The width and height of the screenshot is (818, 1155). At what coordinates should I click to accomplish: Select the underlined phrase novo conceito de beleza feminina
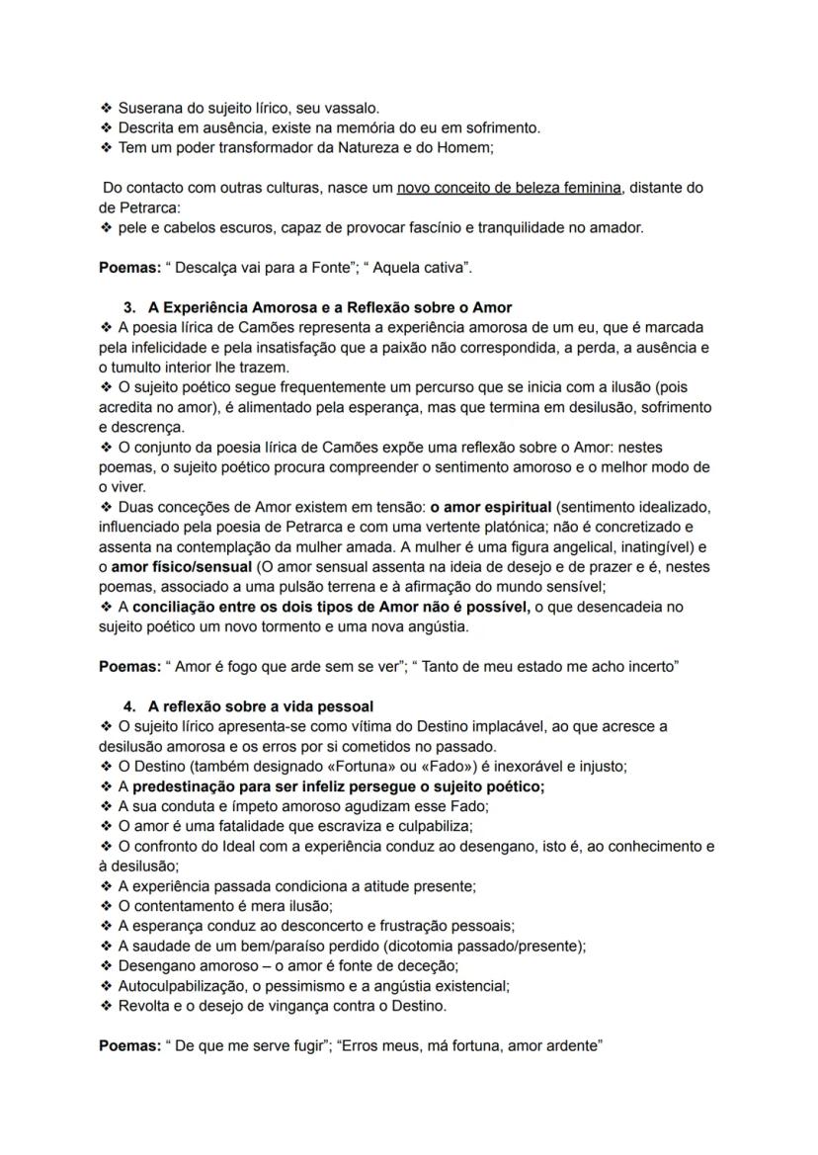(509, 188)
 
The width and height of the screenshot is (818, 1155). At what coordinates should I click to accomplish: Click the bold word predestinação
(203, 786)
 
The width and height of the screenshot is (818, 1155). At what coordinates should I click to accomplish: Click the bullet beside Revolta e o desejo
(106, 1006)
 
